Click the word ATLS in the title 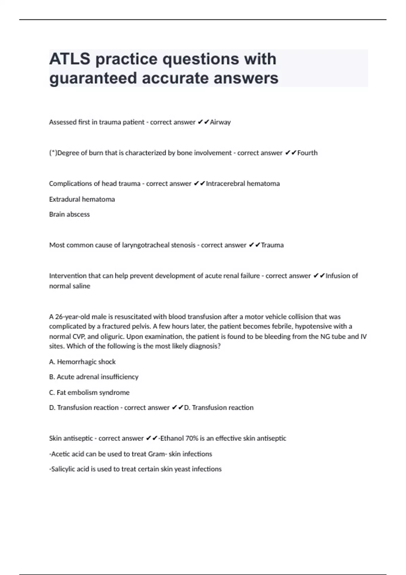click(x=70, y=59)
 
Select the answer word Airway click(x=220, y=122)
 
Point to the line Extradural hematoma click(x=82, y=199)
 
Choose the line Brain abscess click(x=69, y=214)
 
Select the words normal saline click(x=70, y=286)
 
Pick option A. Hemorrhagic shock click(x=82, y=362)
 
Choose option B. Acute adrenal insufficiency click(x=94, y=377)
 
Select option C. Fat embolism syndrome click(x=89, y=392)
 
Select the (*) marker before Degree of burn click(x=53, y=153)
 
